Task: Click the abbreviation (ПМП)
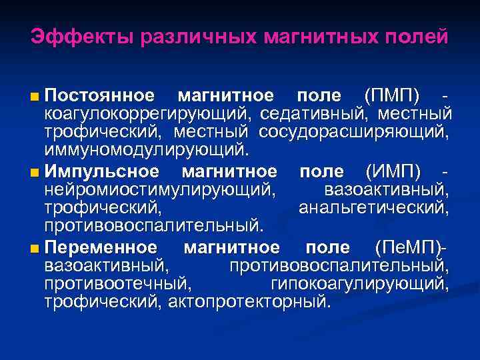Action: [392, 96]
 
